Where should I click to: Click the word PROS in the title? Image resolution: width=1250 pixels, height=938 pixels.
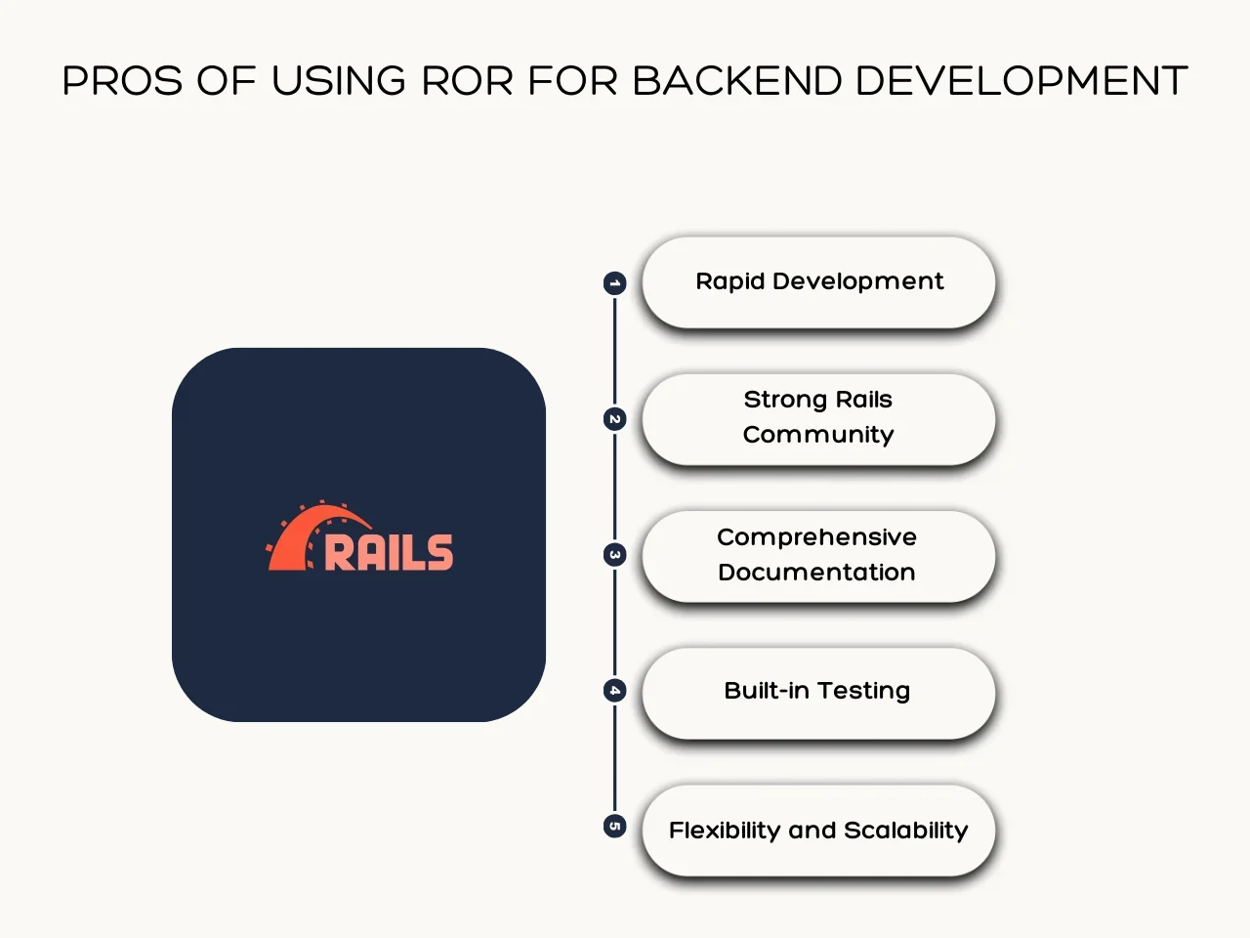(122, 81)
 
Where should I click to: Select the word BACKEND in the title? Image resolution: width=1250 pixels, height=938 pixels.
(736, 81)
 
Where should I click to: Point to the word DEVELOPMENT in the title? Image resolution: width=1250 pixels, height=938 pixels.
(1021, 81)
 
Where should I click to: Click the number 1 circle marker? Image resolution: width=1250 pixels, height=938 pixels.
(614, 283)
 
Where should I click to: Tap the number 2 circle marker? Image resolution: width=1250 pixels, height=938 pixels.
(614, 419)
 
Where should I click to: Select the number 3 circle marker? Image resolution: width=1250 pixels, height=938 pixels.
(614, 555)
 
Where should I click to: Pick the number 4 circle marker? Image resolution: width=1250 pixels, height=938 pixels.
(614, 691)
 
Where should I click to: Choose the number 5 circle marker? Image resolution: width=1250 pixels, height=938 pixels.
(614, 827)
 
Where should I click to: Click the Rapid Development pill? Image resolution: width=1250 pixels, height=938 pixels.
(818, 282)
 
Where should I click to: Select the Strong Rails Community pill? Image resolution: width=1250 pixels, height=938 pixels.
(818, 418)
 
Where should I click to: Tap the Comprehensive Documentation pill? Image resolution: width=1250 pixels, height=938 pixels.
(818, 555)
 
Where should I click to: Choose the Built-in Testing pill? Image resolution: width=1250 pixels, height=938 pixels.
(818, 692)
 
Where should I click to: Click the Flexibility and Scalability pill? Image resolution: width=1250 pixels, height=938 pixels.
(818, 830)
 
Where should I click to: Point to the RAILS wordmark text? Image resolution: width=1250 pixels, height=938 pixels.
(389, 553)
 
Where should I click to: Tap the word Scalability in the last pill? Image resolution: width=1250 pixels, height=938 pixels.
(905, 831)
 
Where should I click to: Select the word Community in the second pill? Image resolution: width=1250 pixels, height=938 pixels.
(818, 435)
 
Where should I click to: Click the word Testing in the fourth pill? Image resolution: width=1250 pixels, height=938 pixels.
(863, 691)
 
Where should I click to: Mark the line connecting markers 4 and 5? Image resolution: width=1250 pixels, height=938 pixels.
(614, 759)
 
